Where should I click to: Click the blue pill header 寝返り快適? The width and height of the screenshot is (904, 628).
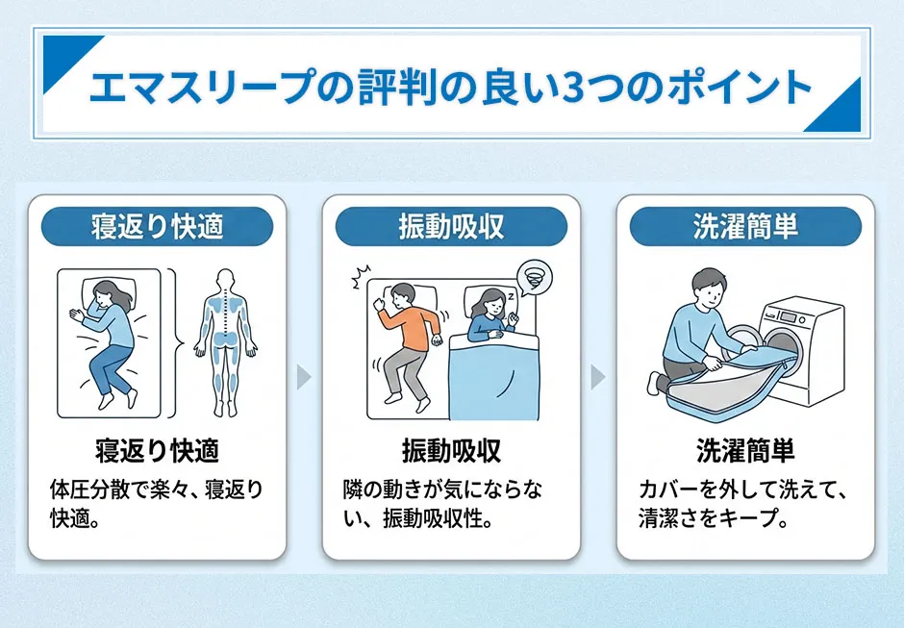click(x=157, y=227)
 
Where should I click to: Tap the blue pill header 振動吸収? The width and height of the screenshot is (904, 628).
click(x=451, y=227)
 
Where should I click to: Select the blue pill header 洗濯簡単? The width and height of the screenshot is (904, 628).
click(x=745, y=227)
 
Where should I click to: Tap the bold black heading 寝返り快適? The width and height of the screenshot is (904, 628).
click(x=157, y=450)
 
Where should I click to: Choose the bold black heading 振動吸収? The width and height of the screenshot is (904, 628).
click(x=451, y=450)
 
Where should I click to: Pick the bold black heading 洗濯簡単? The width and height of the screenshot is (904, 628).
click(x=745, y=450)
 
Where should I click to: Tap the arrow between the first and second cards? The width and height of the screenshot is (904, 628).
click(x=304, y=376)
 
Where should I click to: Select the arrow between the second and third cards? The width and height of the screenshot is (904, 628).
click(x=598, y=376)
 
